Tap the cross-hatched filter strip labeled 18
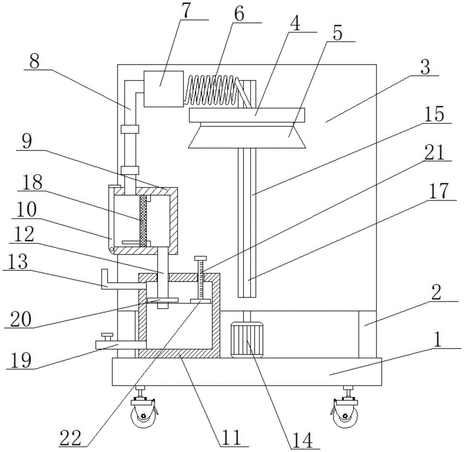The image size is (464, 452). click(143, 220)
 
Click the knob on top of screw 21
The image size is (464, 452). click(200, 258)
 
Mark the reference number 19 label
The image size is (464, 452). click(22, 360)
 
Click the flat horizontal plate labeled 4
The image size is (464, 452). click(247, 114)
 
